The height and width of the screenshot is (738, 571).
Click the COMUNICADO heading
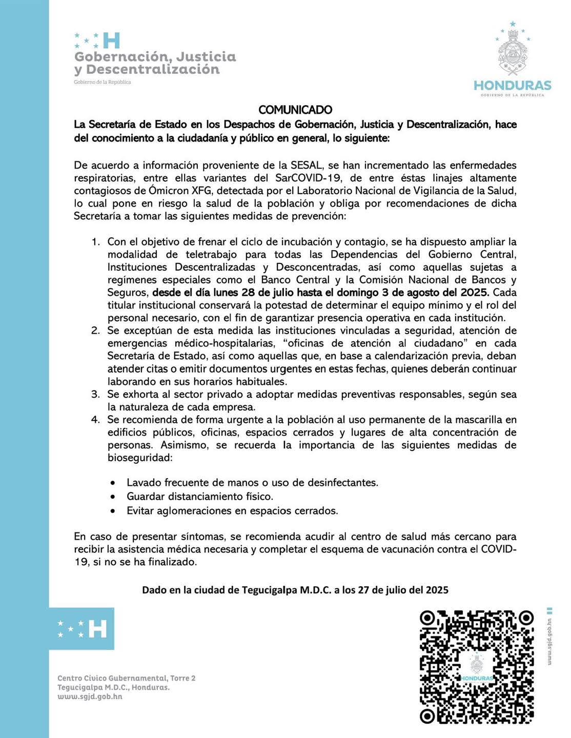click(295, 110)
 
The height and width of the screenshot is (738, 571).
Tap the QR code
click(477, 667)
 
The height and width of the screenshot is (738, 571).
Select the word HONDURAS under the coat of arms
click(512, 85)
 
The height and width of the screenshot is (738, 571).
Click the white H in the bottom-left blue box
click(98, 629)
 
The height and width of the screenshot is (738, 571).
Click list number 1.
click(95, 242)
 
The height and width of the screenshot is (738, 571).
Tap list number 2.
click(95, 331)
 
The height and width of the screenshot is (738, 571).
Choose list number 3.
click(95, 395)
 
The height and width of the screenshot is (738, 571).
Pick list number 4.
click(95, 420)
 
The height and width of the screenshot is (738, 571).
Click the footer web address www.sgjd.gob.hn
click(90, 696)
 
